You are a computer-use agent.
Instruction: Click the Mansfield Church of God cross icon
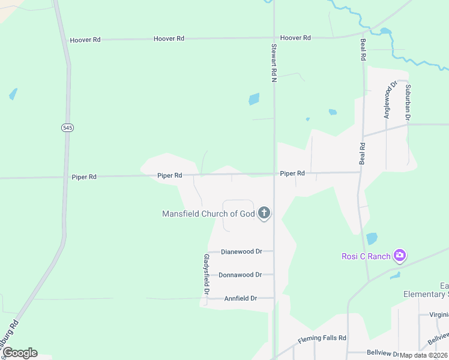[264, 213]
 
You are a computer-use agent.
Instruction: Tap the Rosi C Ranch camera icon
[400, 256]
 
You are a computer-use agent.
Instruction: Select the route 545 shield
[67, 128]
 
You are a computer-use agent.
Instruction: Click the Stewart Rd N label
[274, 62]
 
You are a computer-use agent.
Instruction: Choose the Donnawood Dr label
[240, 275]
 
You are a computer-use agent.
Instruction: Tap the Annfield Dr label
[240, 298]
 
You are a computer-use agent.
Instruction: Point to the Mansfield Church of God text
[209, 214]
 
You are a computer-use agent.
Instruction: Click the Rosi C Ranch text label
[366, 256]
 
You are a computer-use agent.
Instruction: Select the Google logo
[20, 353]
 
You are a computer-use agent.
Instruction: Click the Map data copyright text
[424, 355]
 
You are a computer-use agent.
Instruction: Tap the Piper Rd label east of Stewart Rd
[292, 173]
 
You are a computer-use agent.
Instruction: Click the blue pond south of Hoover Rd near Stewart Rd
[254, 99]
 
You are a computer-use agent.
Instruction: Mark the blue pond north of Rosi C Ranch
[372, 238]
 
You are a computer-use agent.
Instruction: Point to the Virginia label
[439, 314]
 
